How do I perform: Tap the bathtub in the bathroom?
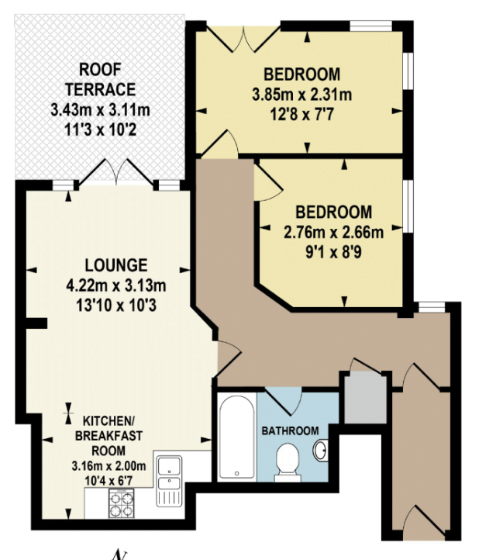(x=236, y=437)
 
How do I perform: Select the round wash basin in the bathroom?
(x=320, y=450)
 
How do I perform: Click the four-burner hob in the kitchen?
(x=122, y=503)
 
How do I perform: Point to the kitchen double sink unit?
(x=169, y=481)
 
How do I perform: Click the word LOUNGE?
(x=116, y=265)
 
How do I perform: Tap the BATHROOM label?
(x=290, y=430)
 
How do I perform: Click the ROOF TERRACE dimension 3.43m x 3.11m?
(x=100, y=109)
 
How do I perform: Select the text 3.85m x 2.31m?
(x=302, y=95)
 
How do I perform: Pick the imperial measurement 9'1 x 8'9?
(x=334, y=253)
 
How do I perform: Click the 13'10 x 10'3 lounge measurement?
(x=116, y=306)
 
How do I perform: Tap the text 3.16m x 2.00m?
(x=108, y=466)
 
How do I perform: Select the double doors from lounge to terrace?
(x=116, y=172)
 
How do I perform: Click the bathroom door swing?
(x=284, y=401)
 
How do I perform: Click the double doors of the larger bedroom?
(x=243, y=40)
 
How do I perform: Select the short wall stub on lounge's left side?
(x=36, y=323)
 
